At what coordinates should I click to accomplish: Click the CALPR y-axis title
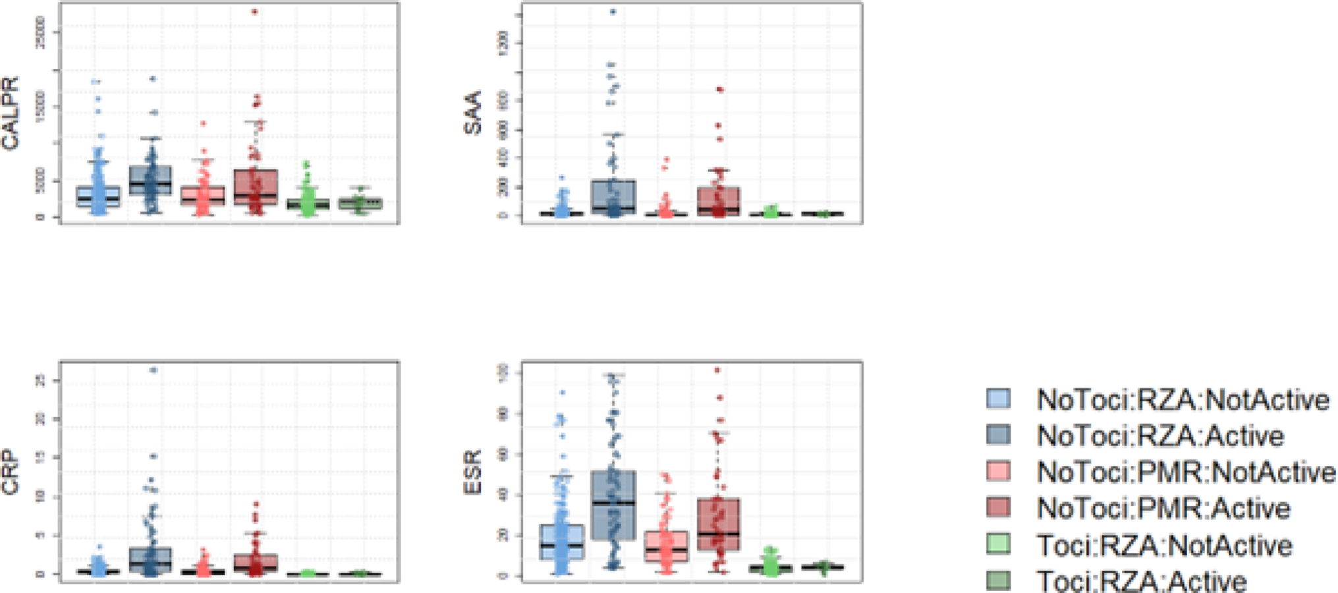coord(11,113)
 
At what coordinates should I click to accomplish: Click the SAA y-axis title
coord(473,113)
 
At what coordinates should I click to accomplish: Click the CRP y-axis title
coord(11,473)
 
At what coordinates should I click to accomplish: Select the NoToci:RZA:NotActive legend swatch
coord(998,399)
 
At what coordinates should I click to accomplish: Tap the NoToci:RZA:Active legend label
coord(1160,436)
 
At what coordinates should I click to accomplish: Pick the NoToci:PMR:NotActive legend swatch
coord(998,471)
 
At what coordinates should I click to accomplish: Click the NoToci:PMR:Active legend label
coord(1163,508)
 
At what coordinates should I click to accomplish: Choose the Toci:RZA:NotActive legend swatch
coord(998,544)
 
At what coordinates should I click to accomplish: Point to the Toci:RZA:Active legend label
coord(1142,580)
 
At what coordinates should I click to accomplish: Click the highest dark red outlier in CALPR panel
coord(254,12)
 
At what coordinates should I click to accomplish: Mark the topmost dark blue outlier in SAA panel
coord(613,12)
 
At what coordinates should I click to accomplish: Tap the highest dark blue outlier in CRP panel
coord(152,370)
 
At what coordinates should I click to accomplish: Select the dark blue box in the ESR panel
coord(613,505)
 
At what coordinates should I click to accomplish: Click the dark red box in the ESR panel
coord(717,525)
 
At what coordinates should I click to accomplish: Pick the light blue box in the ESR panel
coord(561,542)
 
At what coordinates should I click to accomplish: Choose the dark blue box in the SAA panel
coord(613,196)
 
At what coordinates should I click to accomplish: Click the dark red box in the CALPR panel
coord(255,187)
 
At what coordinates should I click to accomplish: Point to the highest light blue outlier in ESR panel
coord(562,393)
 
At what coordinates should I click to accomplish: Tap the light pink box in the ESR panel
coord(665,546)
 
